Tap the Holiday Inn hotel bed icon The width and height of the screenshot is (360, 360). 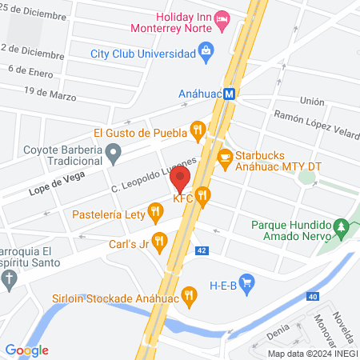tap(222, 17)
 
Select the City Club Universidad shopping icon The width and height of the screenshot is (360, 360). tap(206, 53)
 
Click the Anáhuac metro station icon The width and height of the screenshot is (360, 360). tap(230, 92)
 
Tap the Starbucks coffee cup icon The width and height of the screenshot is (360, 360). tap(226, 156)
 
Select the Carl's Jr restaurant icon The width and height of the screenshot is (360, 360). tap(159, 239)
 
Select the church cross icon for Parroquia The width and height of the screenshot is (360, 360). tap(9, 279)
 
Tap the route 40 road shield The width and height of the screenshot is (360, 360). tap(312, 296)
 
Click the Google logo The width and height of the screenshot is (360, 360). tap(26, 350)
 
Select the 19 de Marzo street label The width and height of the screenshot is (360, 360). tap(50, 94)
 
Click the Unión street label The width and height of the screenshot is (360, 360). tap(311, 102)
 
